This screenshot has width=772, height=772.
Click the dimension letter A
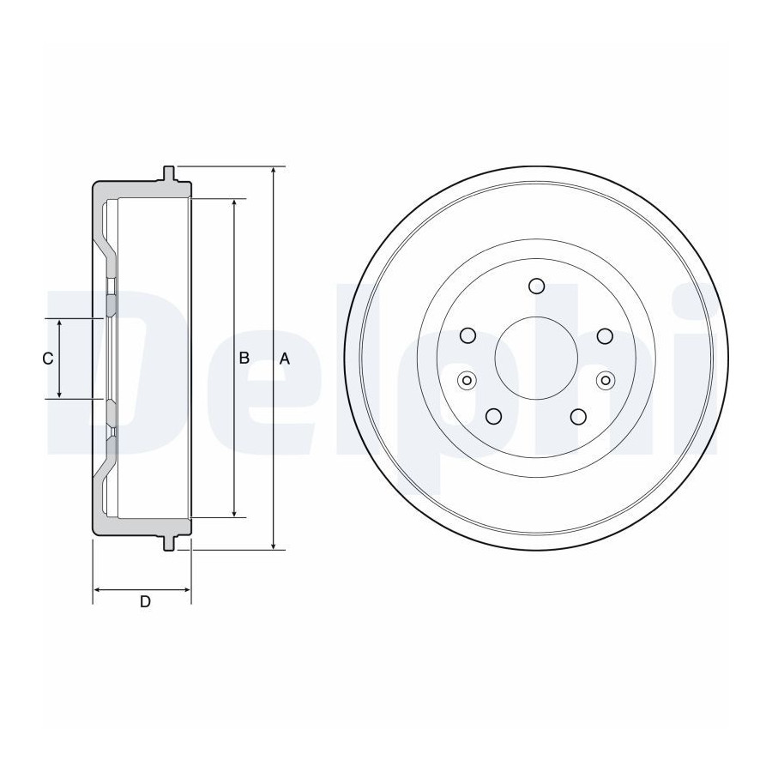point(285,359)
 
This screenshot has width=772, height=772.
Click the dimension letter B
point(244,359)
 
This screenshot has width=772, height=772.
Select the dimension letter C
point(48,359)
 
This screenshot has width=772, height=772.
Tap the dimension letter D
point(145,601)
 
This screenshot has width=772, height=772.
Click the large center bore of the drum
point(536,359)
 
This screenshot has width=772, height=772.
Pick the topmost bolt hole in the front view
point(536,286)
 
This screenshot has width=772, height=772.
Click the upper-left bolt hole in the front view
point(467,335)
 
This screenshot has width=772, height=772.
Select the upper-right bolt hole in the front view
point(605,335)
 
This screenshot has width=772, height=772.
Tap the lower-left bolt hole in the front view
point(493,416)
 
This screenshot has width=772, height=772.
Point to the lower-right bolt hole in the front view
point(578,416)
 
